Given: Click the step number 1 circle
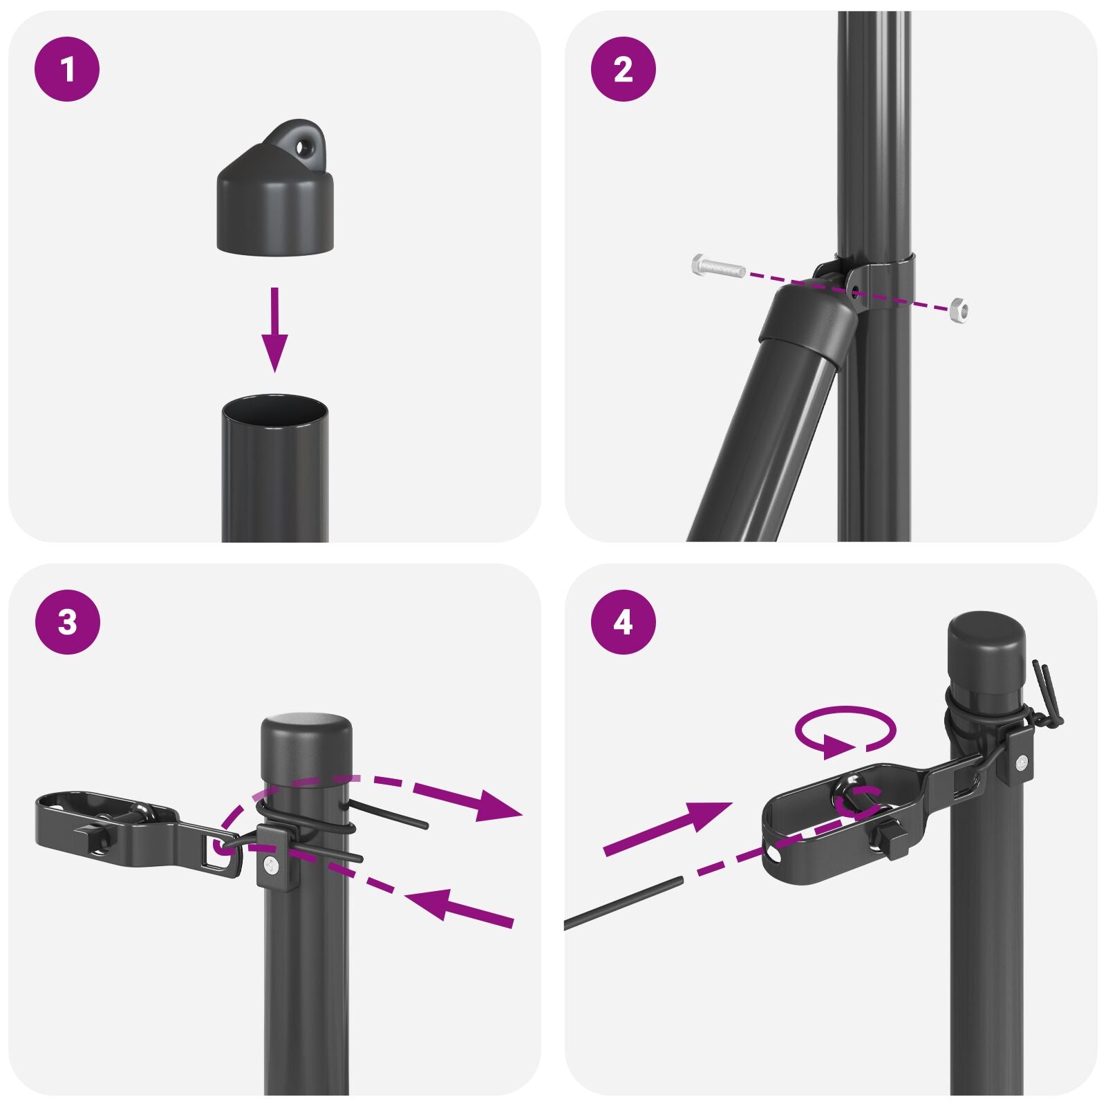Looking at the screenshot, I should click(x=67, y=70).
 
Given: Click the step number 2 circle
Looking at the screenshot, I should click(x=623, y=70).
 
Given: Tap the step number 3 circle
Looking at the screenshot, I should click(x=67, y=622).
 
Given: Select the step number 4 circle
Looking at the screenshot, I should click(x=623, y=622).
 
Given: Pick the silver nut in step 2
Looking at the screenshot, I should click(x=958, y=309).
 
